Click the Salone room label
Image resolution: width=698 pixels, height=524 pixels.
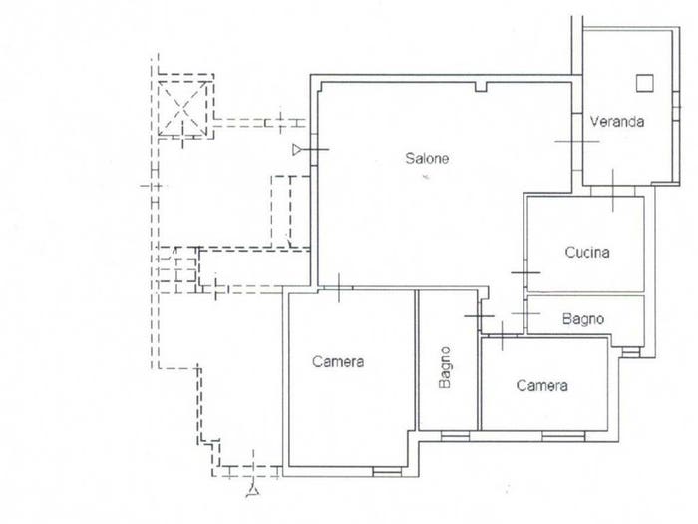click(x=427, y=158)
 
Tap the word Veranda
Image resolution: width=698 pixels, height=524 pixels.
click(x=617, y=121)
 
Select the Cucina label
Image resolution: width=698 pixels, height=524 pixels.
click(x=587, y=253)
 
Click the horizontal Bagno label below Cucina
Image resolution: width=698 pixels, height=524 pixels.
click(x=583, y=319)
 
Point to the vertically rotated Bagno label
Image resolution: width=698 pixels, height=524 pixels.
click(x=445, y=368)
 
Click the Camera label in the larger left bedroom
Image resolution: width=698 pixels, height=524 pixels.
click(x=338, y=361)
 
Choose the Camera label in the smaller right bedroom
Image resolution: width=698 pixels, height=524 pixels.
click(x=541, y=385)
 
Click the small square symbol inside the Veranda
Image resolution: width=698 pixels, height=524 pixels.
click(x=644, y=83)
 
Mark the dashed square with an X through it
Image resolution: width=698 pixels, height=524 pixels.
click(x=182, y=108)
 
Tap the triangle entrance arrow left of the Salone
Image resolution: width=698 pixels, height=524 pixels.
click(x=297, y=150)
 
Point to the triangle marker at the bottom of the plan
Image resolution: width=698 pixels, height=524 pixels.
click(x=253, y=491)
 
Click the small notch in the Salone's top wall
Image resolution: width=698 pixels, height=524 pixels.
click(x=481, y=87)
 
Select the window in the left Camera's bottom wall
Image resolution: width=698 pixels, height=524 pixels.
click(x=387, y=471)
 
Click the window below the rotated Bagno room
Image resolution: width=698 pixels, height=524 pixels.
click(x=455, y=436)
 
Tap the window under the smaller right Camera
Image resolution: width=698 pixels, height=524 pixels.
click(x=563, y=436)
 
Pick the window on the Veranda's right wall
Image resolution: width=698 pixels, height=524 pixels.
click(x=677, y=106)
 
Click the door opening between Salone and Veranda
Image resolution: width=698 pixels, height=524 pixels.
click(x=577, y=143)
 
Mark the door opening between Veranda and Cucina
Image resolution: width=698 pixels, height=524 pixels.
click(x=613, y=191)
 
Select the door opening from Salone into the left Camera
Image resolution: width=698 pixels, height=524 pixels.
click(x=336, y=289)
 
